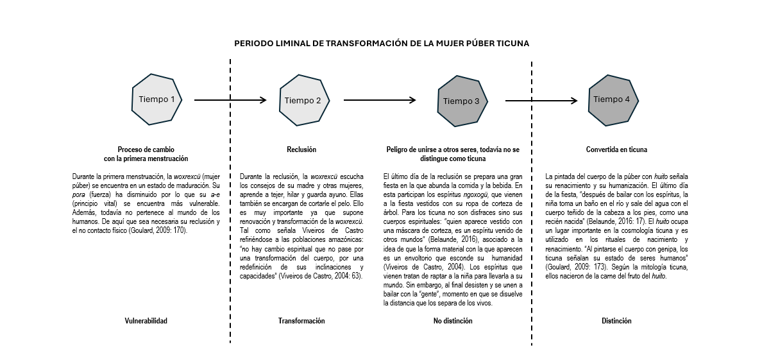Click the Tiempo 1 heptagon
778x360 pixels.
(156, 99)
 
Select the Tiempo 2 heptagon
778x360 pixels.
(303, 100)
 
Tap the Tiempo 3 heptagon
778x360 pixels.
(461, 101)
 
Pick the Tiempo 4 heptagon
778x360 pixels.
(612, 99)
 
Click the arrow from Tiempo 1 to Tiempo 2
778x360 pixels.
(230, 100)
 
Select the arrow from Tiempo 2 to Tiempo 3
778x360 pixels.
(380, 100)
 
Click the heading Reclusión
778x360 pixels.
(301, 150)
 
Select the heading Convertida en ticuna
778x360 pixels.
(616, 150)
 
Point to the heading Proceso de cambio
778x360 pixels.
(146, 150)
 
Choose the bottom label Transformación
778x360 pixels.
(301, 321)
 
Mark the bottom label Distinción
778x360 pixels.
(616, 321)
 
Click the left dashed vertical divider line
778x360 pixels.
(230, 193)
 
